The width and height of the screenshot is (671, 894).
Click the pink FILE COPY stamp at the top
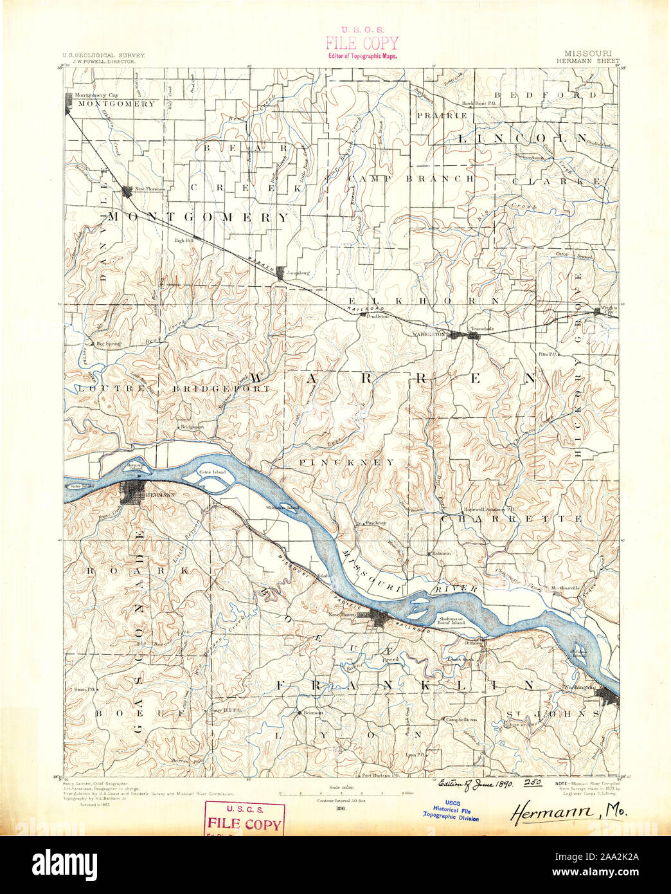(x=361, y=42)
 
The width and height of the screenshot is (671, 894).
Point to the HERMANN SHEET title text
(x=589, y=62)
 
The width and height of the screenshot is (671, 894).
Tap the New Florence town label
(x=149, y=189)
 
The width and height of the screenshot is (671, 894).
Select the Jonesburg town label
(x=298, y=273)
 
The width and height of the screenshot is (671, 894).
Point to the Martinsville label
(x=566, y=588)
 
